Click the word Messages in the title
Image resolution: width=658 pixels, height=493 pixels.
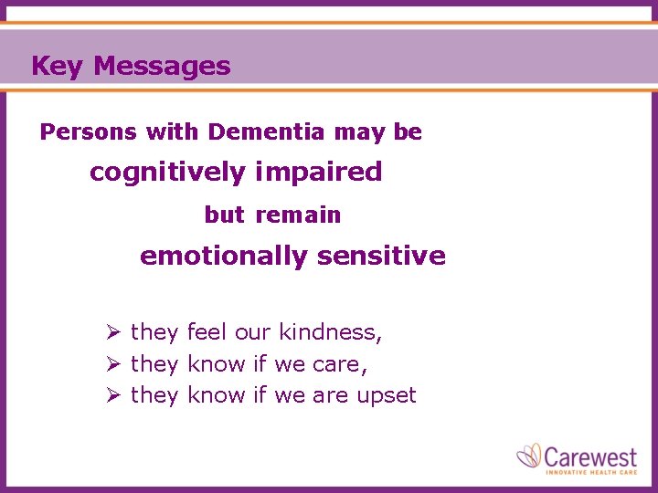pyautogui.click(x=162, y=67)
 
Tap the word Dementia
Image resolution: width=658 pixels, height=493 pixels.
pyautogui.click(x=266, y=132)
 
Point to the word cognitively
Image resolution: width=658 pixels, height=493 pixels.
pyautogui.click(x=167, y=173)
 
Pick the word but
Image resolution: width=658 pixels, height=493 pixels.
pyautogui.click(x=225, y=215)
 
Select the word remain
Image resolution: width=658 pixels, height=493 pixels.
pyautogui.click(x=298, y=215)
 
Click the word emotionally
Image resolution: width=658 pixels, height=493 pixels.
pyautogui.click(x=223, y=257)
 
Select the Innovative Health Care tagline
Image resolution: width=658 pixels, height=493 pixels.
pyautogui.click(x=590, y=472)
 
